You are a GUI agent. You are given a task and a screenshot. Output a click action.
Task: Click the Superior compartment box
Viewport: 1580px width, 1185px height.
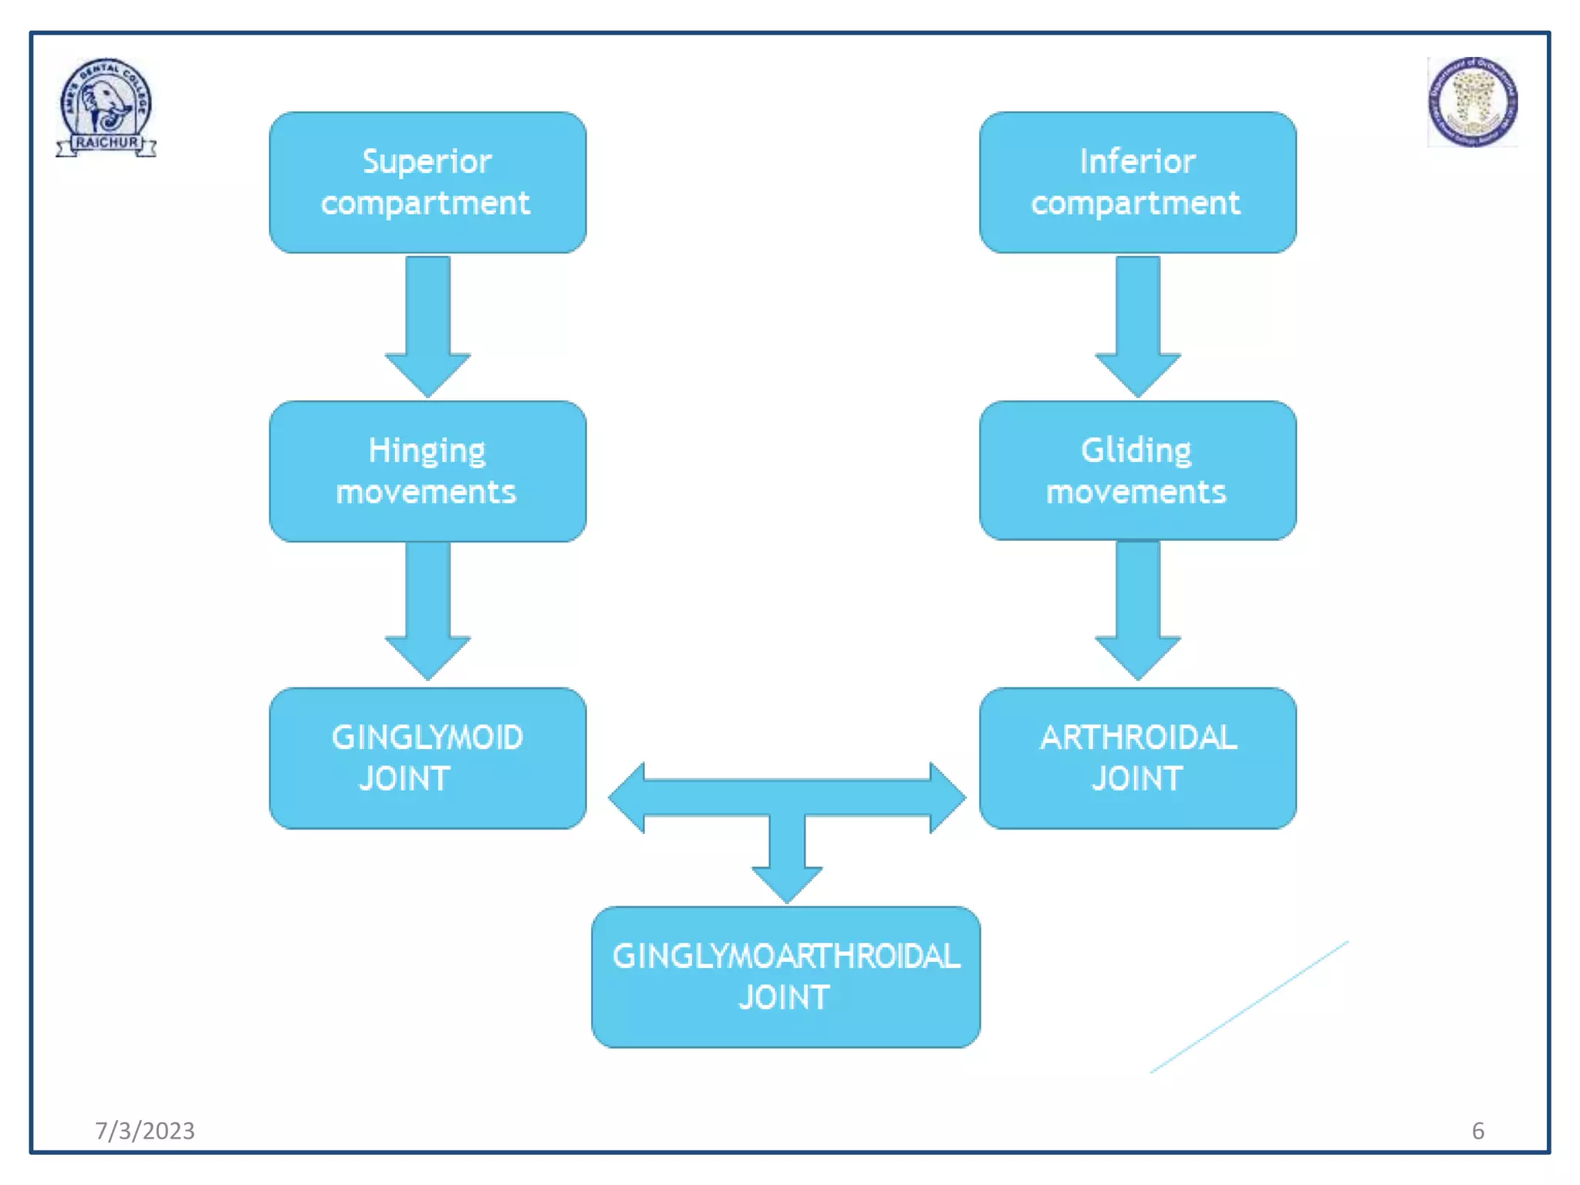[x=427, y=182]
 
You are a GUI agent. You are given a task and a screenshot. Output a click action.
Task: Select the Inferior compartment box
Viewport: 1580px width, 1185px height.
[x=1137, y=182]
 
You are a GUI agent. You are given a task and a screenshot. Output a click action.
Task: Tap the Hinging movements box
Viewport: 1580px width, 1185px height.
[x=427, y=471]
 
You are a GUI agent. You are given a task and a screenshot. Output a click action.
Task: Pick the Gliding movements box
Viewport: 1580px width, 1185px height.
[x=1137, y=471]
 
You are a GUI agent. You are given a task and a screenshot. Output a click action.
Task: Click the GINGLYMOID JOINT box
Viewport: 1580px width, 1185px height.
[x=427, y=758]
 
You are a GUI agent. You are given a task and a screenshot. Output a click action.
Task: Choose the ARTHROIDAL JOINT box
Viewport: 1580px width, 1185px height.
[x=1137, y=758]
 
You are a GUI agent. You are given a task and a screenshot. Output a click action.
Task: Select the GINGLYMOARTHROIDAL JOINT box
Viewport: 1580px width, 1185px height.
[x=785, y=977]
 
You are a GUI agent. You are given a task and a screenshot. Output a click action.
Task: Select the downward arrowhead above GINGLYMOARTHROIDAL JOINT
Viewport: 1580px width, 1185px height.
[x=787, y=883]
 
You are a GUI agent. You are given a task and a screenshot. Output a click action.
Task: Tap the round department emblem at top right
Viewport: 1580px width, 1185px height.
[x=1472, y=102]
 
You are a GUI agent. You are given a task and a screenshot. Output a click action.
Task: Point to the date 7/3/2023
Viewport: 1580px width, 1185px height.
[x=144, y=1130]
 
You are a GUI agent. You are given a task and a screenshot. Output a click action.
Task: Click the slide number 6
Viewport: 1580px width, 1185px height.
[x=1477, y=1130]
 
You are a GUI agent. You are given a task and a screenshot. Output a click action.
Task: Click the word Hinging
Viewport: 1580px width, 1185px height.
[x=426, y=451]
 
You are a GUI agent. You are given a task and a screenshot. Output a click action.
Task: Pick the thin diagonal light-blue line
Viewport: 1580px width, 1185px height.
[x=1250, y=1006]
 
